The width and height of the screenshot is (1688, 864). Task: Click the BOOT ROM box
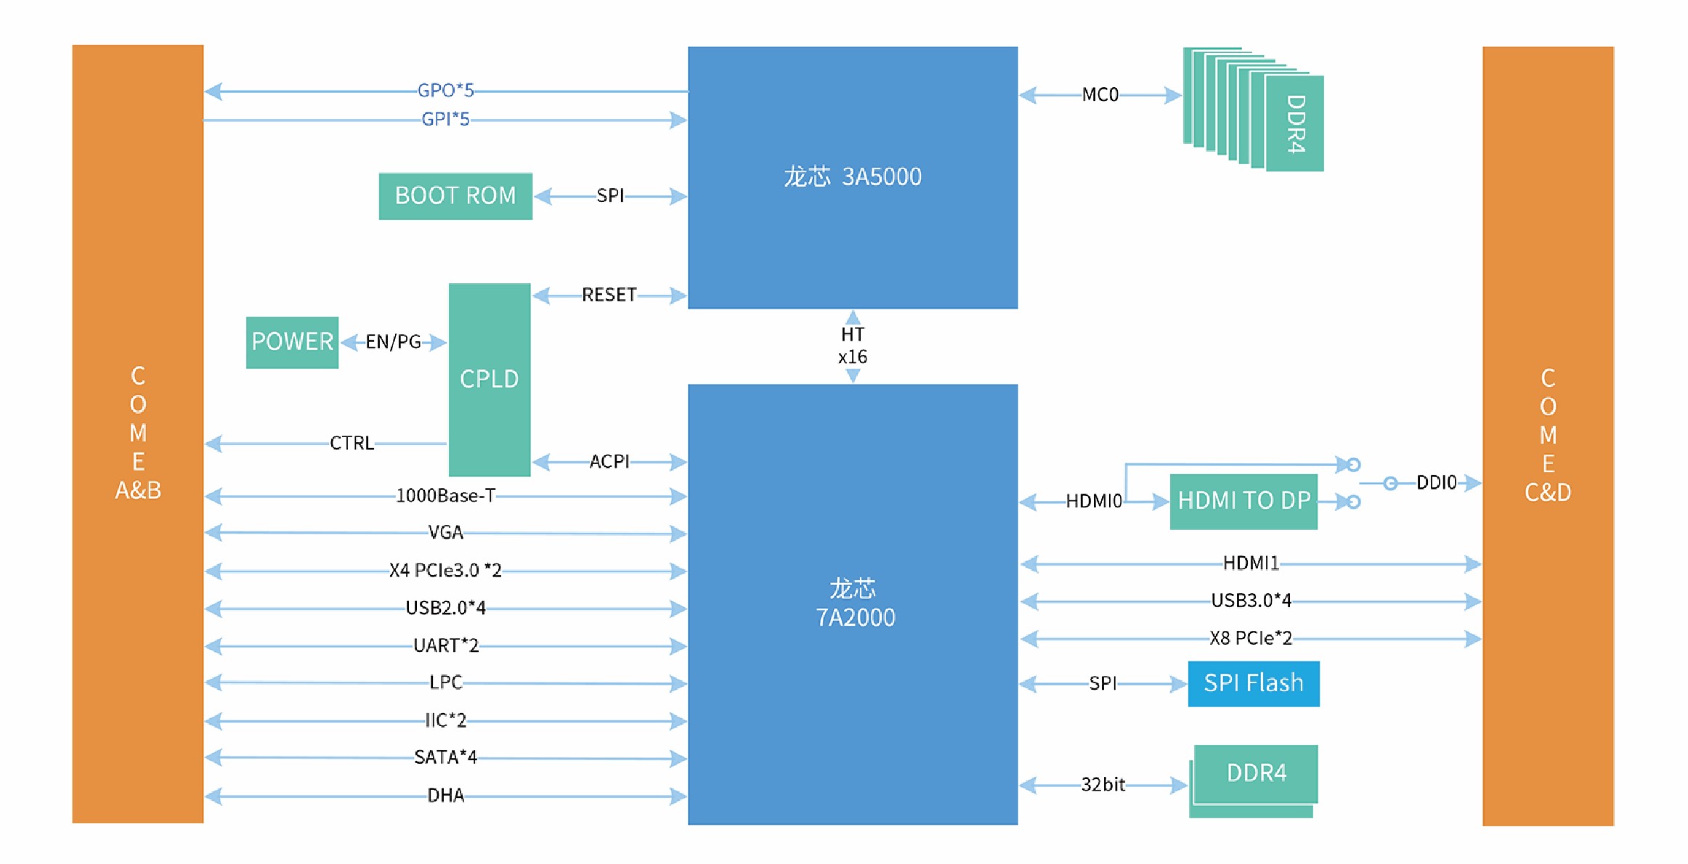click(455, 196)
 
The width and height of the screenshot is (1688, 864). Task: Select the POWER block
click(292, 342)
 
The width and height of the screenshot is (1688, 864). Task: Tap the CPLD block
click(489, 379)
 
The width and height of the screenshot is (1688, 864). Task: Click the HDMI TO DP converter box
click(1243, 501)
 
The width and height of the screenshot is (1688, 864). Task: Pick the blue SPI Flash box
click(1253, 683)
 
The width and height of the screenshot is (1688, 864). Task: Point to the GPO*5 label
click(445, 91)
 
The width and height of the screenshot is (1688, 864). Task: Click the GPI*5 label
click(445, 119)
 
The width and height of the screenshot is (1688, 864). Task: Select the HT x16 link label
click(853, 346)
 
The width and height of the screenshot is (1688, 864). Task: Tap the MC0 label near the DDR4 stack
click(1100, 95)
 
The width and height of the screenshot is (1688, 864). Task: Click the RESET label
click(609, 296)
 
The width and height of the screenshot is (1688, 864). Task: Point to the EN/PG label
click(393, 342)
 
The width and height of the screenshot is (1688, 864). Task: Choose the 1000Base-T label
click(445, 496)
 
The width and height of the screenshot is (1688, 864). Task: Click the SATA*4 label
click(445, 757)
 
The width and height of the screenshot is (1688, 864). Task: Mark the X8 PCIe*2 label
click(1251, 638)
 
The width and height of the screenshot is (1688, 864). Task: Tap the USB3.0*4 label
click(1251, 600)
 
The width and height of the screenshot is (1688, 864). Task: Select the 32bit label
click(1103, 785)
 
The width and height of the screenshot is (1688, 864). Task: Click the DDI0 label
click(1436, 483)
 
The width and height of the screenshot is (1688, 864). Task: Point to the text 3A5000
click(882, 177)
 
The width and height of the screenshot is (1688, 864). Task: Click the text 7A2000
click(856, 618)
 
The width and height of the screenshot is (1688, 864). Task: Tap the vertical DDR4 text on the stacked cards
click(1296, 124)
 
